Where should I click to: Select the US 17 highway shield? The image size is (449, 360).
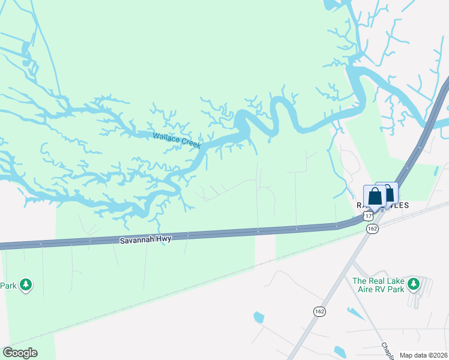368,215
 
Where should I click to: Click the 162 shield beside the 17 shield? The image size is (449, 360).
373,229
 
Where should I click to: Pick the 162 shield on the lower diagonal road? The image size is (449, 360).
319,311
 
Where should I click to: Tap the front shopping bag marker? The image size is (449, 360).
375,196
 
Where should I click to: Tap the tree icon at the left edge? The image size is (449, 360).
25,284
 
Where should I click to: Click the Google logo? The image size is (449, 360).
20,353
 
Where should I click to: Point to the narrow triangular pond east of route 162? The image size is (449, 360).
355,313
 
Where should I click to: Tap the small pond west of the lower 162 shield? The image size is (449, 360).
259,317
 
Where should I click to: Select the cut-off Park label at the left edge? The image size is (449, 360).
8,286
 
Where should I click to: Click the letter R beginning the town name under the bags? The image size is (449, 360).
360,205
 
